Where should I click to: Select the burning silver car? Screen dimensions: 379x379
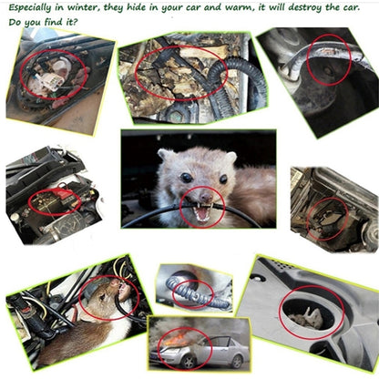(205, 346)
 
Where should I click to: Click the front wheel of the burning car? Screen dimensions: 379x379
(230, 357)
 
